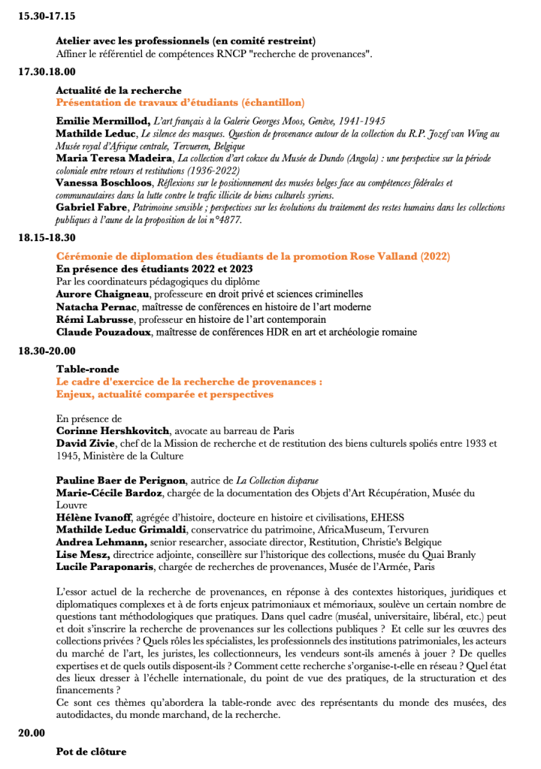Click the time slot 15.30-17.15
(x=47, y=15)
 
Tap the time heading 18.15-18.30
(x=47, y=237)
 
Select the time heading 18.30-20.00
(x=47, y=351)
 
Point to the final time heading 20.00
(x=32, y=733)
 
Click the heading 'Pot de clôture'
(x=91, y=751)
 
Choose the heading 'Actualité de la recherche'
(x=113, y=90)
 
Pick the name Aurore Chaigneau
(x=104, y=294)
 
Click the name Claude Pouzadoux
(x=103, y=331)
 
